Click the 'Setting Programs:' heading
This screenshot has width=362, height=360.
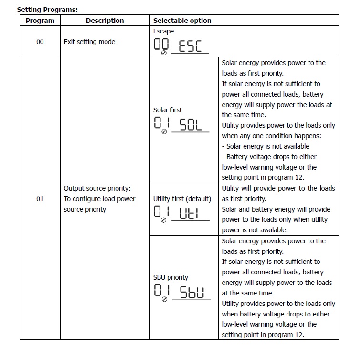(x=47, y=9)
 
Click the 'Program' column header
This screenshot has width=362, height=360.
(x=40, y=21)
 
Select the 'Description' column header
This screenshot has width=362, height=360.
(x=105, y=21)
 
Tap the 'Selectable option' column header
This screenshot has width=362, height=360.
(x=182, y=21)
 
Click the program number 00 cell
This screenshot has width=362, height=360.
(x=40, y=42)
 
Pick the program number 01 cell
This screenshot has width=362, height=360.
(x=40, y=199)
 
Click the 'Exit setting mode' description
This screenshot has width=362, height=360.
(x=89, y=42)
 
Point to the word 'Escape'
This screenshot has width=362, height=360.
(x=163, y=31)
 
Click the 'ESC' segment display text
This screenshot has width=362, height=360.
(x=190, y=46)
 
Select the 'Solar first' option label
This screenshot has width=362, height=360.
(x=167, y=110)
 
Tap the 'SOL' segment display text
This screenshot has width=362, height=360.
(x=191, y=125)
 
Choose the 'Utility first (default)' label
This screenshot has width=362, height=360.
(x=182, y=199)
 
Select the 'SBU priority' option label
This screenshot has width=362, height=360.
(x=170, y=277)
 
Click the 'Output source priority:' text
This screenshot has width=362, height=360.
(x=97, y=188)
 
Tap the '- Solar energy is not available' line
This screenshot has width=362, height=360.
(x=266, y=146)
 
